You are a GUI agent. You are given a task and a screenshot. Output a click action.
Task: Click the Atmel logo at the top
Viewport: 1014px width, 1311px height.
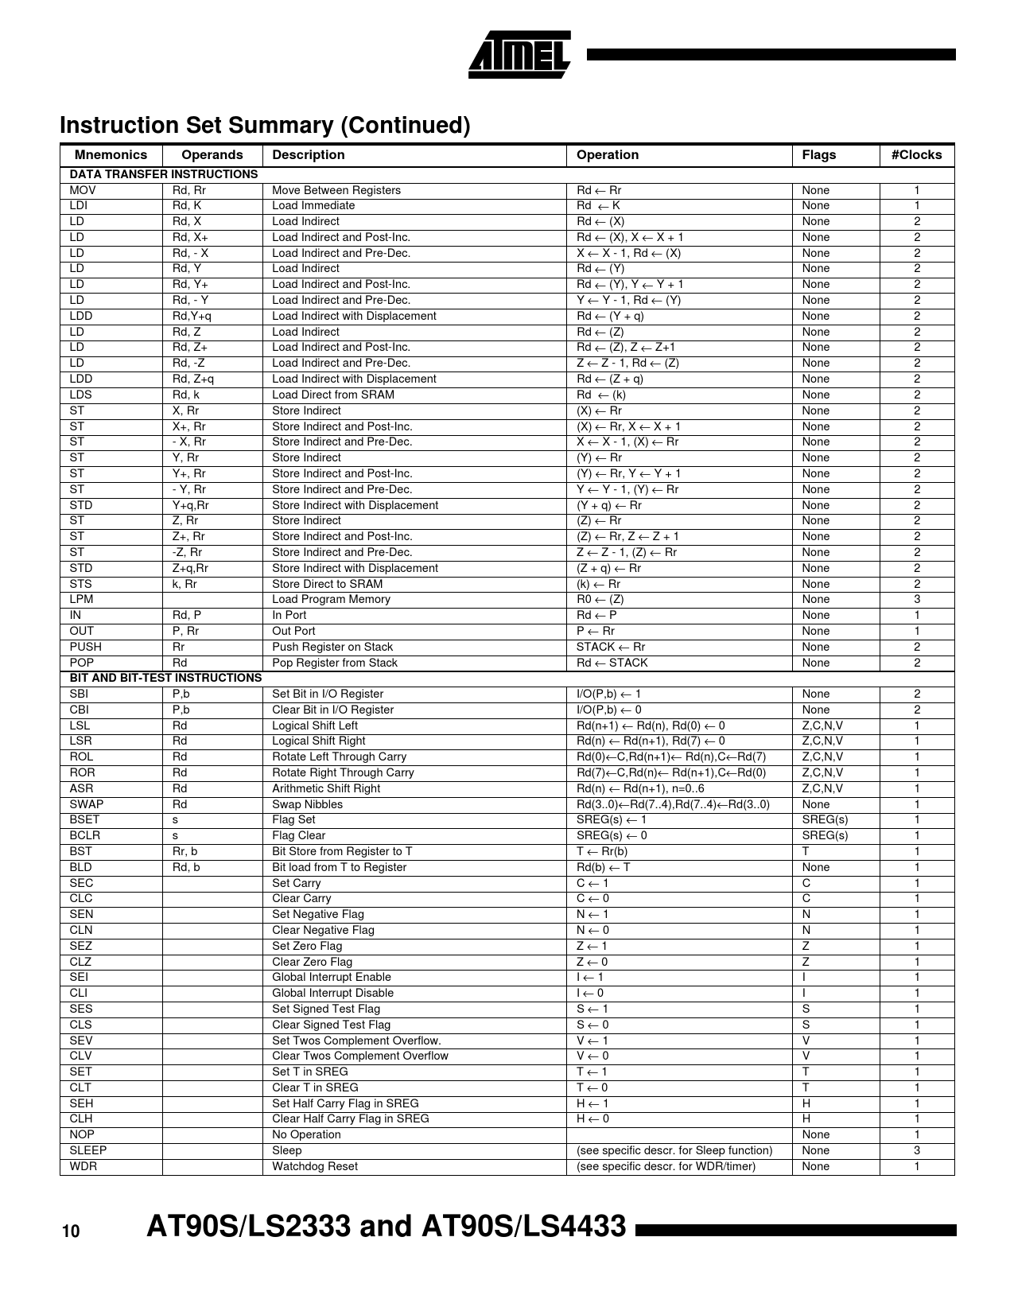point(519,54)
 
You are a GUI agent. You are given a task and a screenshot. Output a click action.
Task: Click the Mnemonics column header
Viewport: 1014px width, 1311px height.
point(111,155)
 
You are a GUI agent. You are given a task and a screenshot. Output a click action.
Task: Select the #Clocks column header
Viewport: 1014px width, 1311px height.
point(916,155)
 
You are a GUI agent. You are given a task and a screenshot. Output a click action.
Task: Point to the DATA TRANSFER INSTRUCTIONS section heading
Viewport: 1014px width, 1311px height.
point(164,174)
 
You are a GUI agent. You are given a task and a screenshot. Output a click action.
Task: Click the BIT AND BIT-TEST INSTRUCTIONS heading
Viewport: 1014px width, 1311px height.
point(165,678)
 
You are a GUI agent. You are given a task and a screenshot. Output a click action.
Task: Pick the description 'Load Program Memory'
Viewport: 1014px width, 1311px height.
point(331,599)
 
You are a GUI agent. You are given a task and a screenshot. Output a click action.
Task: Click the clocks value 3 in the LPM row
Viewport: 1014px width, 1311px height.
point(917,599)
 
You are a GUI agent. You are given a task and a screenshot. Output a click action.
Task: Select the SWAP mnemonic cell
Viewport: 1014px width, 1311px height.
point(87,804)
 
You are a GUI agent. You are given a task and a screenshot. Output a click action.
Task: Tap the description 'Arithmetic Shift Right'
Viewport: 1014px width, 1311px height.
point(326,788)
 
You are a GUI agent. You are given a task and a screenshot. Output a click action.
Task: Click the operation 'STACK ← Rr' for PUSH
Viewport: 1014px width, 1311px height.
point(611,647)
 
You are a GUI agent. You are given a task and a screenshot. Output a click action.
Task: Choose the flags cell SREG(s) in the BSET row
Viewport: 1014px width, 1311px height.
point(825,819)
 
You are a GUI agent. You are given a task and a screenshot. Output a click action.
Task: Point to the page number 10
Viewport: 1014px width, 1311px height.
point(71,1232)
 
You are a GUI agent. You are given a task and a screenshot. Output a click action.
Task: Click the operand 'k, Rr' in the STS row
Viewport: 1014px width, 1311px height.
point(185,584)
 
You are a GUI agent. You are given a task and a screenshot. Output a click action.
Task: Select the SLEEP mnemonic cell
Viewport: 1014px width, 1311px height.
point(88,1150)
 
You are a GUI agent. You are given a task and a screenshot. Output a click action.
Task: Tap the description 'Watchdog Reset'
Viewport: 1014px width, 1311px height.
point(315,1166)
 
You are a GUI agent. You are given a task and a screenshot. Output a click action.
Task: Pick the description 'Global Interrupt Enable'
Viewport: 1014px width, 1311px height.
point(332,977)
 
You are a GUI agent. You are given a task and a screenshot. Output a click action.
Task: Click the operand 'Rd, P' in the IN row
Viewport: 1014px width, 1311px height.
point(187,615)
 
